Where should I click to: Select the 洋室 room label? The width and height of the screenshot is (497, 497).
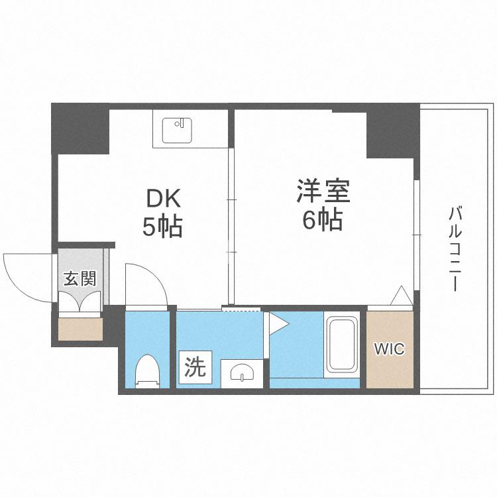(x=323, y=190)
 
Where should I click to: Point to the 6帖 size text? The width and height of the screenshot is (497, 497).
(x=323, y=219)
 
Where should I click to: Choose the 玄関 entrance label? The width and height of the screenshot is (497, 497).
(x=80, y=278)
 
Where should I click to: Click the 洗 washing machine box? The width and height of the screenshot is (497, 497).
(x=195, y=366)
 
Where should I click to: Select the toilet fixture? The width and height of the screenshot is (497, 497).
(x=147, y=372)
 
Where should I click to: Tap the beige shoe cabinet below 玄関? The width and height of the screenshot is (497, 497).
(x=80, y=328)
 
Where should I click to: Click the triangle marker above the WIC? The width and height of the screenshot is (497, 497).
(x=400, y=296)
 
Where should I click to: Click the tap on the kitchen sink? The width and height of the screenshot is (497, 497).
(x=179, y=123)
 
